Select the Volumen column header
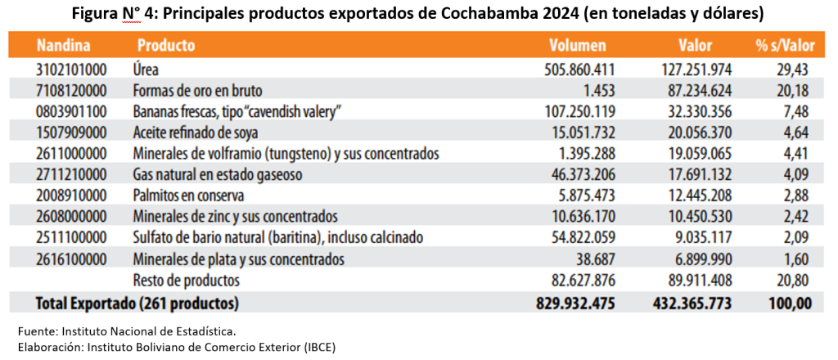578,45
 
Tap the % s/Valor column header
785,45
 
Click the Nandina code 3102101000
71,70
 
